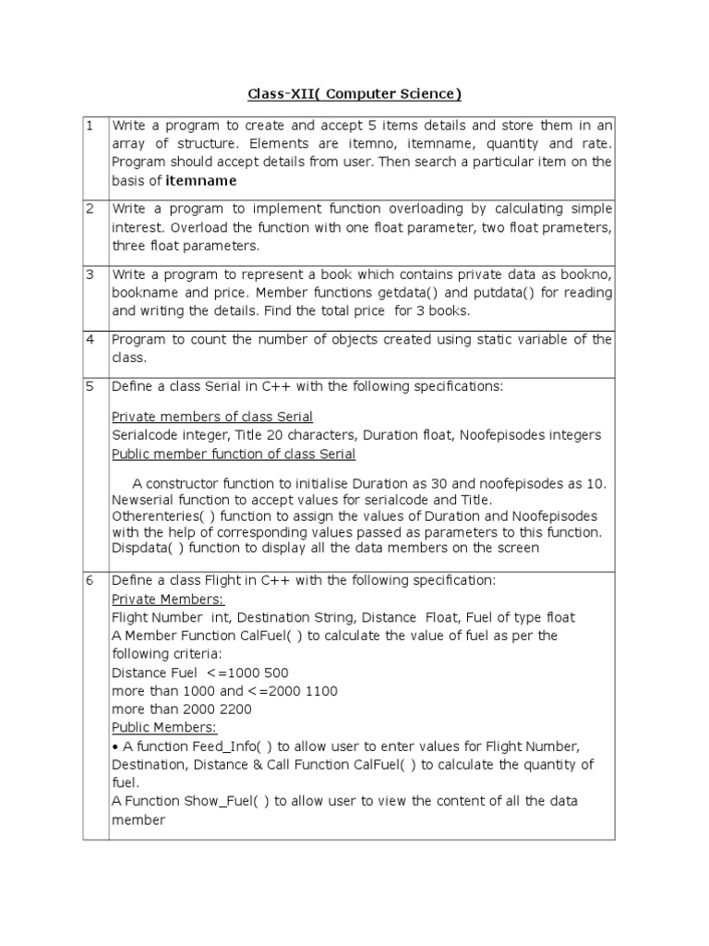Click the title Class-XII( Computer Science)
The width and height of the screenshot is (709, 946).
[x=354, y=94]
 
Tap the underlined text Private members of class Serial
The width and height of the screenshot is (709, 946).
[x=211, y=417]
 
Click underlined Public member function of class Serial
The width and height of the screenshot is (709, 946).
[x=233, y=454]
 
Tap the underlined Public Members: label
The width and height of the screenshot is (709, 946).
[x=163, y=727]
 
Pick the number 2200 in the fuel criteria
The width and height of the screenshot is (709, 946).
[x=235, y=709]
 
